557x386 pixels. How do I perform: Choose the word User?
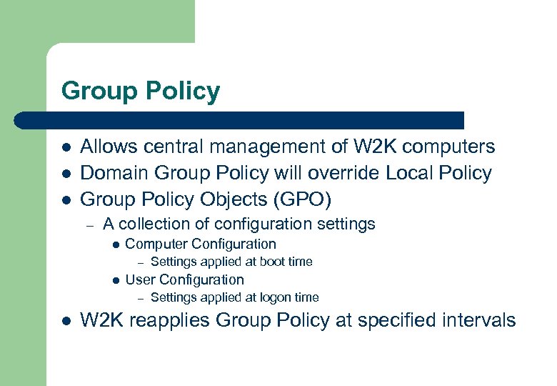coord(140,279)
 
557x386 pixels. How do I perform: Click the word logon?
coord(276,297)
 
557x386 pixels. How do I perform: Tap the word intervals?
coord(478,320)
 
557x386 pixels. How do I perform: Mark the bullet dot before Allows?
coord(65,148)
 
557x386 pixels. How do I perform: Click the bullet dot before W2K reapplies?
coord(65,321)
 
